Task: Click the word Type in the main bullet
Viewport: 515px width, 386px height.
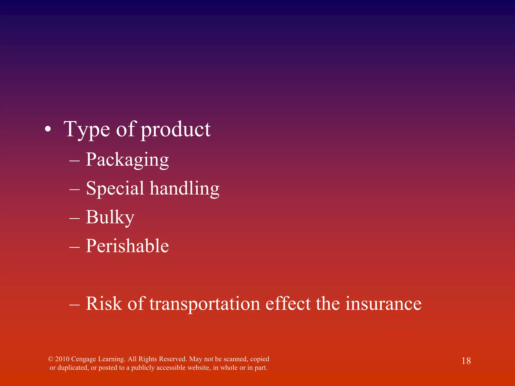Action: (x=87, y=129)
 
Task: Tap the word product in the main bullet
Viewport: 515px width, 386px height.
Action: (x=175, y=129)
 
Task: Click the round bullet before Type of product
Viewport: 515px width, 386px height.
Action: (x=48, y=129)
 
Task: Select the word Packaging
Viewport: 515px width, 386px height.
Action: (x=127, y=160)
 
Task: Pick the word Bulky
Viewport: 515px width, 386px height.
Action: (x=110, y=217)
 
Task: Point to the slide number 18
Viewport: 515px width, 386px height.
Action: (x=466, y=361)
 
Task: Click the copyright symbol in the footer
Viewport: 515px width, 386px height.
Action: (x=51, y=359)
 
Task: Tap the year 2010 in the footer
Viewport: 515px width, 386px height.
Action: (x=62, y=359)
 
